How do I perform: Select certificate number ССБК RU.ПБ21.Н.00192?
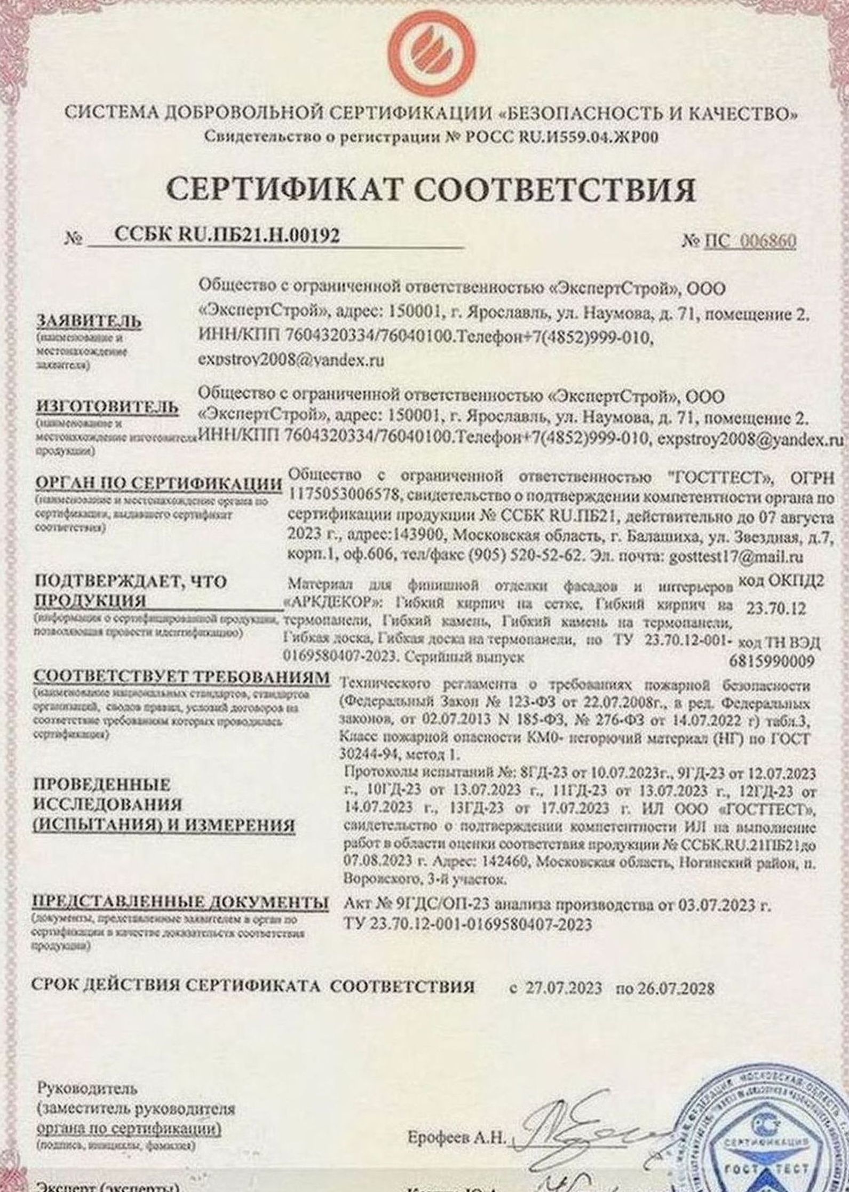(227, 235)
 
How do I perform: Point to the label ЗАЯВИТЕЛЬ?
(81, 322)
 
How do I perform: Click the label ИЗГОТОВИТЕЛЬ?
(106, 407)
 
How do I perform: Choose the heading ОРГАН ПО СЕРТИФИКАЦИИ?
(158, 484)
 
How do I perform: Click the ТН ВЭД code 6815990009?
(771, 662)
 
